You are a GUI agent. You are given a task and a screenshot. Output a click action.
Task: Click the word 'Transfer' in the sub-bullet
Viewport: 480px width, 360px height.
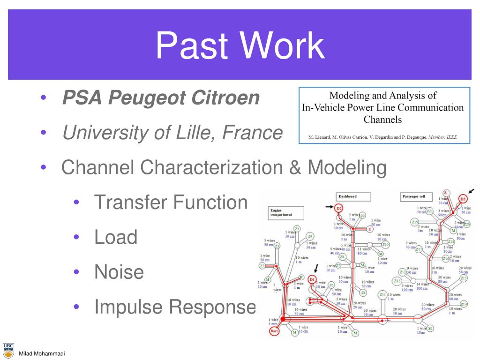pos(130,202)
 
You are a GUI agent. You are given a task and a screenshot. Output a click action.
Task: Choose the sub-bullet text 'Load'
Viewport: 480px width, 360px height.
pos(116,237)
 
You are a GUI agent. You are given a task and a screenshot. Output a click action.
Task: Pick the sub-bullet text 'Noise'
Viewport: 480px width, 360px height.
pos(119,271)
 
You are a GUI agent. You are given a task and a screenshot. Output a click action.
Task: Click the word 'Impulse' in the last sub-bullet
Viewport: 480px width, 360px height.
pos(128,307)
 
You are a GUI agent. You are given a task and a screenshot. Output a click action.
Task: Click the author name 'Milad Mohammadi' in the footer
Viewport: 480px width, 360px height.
pos(41,353)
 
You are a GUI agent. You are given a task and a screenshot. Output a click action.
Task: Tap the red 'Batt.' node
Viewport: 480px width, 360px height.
pos(275,331)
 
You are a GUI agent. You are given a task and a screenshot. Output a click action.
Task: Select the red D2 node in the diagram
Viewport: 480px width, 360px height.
pos(339,208)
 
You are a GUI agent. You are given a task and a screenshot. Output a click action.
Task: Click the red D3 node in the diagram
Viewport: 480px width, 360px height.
pos(463,199)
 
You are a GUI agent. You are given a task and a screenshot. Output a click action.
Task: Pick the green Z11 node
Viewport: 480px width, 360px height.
pos(383,295)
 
